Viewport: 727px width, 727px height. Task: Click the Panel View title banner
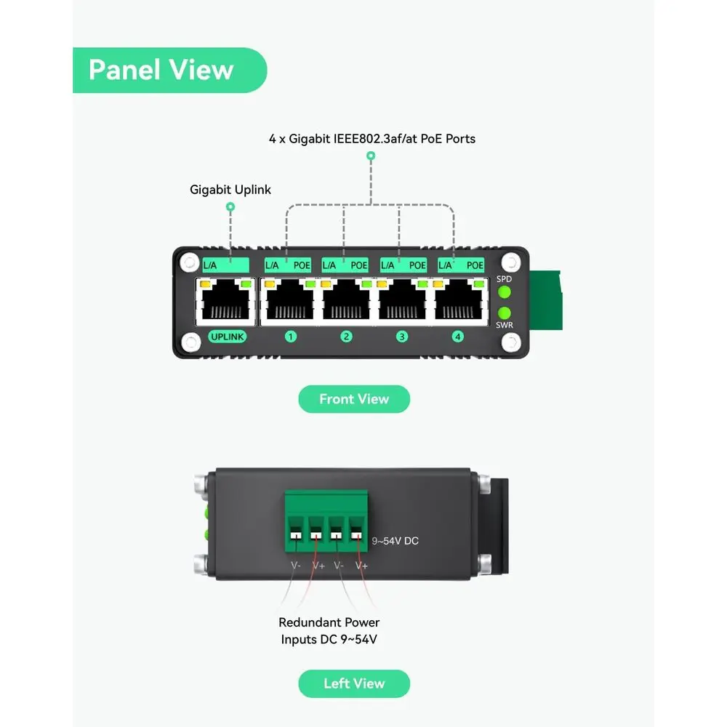[169, 70]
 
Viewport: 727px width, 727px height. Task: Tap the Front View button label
[354, 399]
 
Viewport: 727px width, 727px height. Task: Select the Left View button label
[354, 683]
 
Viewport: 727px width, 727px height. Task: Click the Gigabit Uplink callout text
[230, 190]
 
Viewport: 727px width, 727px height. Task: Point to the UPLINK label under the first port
[227, 337]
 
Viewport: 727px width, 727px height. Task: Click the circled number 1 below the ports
[291, 337]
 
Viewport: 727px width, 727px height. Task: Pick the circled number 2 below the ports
[346, 337]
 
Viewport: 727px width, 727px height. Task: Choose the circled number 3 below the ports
[402, 337]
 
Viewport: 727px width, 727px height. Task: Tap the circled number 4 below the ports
[457, 337]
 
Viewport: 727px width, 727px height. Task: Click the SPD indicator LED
[505, 292]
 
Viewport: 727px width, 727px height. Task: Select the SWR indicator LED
[505, 313]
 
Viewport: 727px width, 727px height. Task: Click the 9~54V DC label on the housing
[395, 541]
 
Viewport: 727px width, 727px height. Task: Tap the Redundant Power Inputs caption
[329, 631]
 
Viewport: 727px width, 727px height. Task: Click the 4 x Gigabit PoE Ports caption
[372, 139]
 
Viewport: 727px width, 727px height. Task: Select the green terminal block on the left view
[326, 521]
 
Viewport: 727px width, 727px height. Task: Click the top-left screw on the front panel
[189, 263]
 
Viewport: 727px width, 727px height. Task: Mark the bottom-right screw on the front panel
[511, 342]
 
